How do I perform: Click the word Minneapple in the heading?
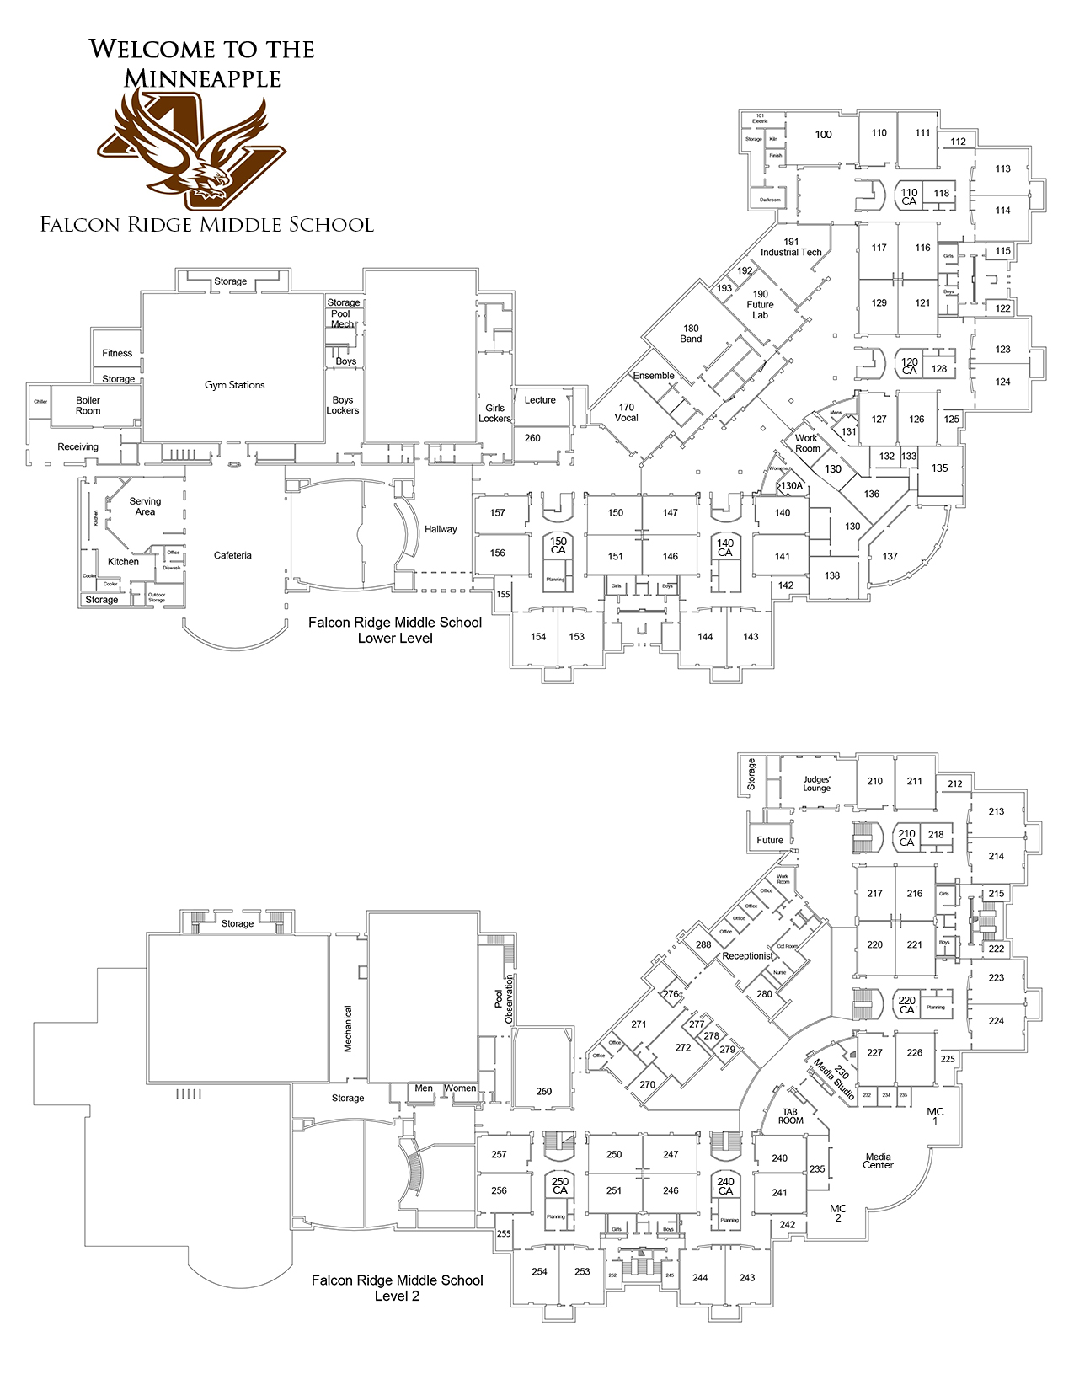pos(202,78)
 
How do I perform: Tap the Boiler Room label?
pos(88,405)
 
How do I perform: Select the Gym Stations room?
pos(234,384)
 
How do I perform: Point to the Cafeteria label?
pos(232,555)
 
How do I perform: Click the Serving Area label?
pos(145,505)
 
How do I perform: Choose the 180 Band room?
pos(691,334)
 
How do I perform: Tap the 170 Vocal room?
pos(626,412)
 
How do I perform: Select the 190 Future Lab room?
pos(760,304)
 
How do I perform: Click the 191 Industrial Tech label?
pos(791,247)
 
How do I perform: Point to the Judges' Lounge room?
pos(816,783)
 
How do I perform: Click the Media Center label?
pos(878,1161)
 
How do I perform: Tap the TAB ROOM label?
pos(790,1116)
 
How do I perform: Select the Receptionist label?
pos(747,956)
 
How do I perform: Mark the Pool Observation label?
pos(504,999)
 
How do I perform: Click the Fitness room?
pos(117,353)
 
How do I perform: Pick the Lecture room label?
pos(540,400)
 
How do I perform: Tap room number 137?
pos(890,556)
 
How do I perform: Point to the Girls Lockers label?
pos(494,413)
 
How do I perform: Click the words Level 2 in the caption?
pos(397,1296)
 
